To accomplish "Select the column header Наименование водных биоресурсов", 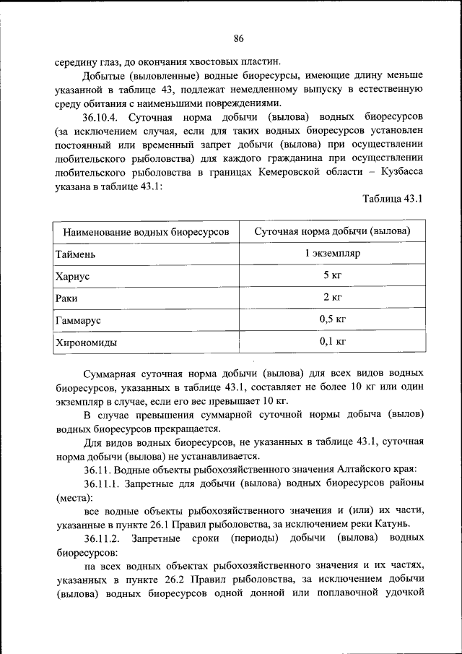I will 147,232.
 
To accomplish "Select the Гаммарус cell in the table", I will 78,319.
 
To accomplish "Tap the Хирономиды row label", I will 86,342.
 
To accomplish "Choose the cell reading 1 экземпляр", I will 332,254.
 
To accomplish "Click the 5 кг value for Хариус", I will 332,275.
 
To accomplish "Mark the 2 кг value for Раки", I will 332,297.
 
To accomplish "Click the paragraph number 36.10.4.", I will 106,117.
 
